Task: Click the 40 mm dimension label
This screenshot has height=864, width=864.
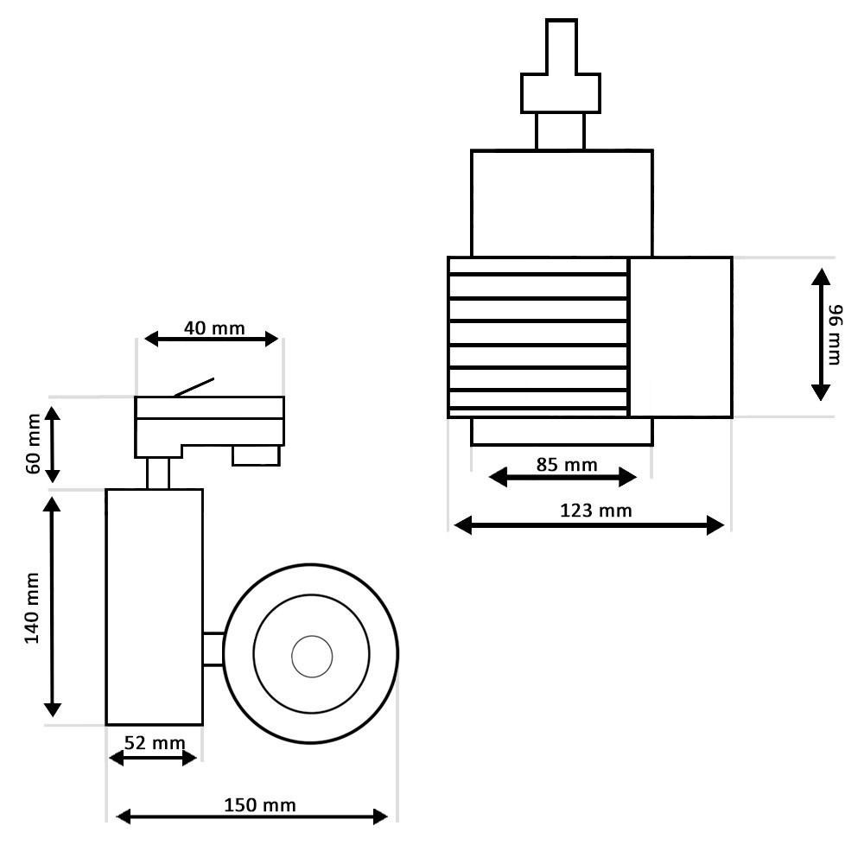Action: coord(213,328)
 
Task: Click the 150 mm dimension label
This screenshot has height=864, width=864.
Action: coord(259,805)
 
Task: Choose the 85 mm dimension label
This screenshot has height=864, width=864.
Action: coord(566,465)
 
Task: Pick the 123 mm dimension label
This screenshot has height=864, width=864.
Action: coord(596,511)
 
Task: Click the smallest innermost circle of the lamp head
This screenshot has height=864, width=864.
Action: coord(311,657)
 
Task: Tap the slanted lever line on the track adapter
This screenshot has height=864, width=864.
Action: coord(194,386)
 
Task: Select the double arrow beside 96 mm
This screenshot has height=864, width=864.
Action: coord(821,334)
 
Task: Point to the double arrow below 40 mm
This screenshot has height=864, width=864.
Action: coord(212,340)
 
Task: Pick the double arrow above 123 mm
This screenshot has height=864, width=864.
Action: coord(588,524)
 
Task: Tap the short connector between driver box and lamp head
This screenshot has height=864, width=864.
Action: coord(213,649)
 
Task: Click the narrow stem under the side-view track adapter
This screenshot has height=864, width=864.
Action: coord(157,473)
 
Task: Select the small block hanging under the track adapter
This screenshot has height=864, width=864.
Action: coord(256,455)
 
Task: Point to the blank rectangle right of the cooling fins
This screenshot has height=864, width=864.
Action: coord(680,337)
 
